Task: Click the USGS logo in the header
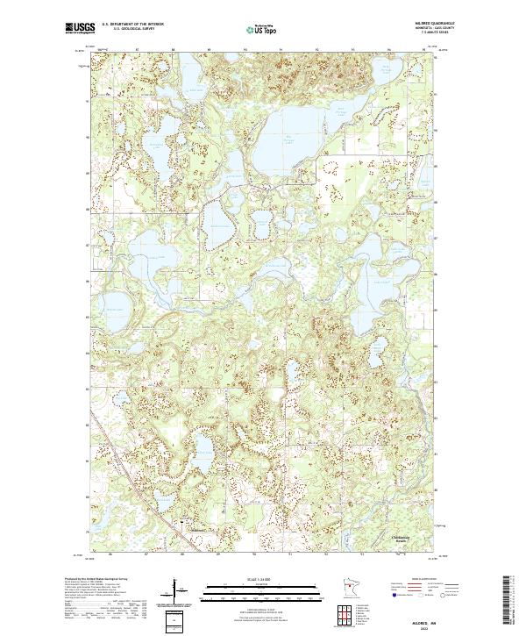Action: [81, 29]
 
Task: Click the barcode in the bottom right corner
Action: [511, 601]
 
